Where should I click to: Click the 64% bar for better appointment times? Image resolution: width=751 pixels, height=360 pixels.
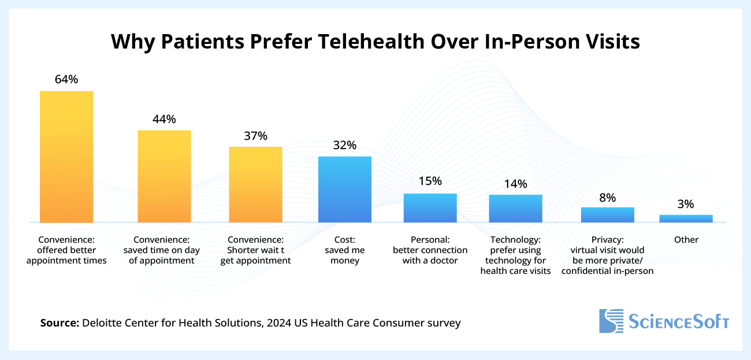point(66,157)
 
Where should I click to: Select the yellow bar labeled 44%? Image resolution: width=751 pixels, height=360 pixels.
point(164,176)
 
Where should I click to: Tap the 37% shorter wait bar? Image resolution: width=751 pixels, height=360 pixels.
point(255,184)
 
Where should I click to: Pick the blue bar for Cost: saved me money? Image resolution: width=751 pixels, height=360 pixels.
point(345,190)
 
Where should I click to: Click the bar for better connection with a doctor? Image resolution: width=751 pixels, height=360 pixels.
point(430,208)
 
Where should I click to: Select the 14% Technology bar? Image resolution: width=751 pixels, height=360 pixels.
point(515,209)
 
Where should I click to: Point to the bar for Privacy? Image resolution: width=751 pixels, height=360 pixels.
point(607,215)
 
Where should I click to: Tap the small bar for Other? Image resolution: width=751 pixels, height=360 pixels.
point(686,218)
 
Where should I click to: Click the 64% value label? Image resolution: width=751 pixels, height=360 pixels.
point(66,80)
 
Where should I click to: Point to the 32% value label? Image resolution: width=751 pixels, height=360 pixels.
point(345,145)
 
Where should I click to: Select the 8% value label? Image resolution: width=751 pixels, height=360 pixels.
point(607,198)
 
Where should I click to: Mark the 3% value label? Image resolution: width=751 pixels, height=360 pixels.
point(686,204)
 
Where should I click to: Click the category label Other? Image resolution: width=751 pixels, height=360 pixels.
point(686,240)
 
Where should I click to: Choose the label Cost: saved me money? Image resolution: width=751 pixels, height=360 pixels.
point(345,250)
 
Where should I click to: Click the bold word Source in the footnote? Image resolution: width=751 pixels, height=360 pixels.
point(60,323)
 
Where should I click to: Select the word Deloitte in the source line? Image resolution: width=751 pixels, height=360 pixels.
point(104,323)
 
